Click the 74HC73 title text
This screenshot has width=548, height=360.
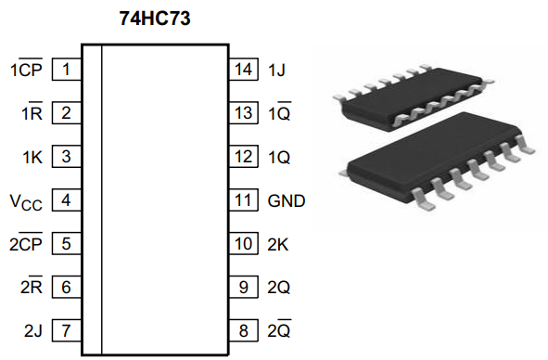coord(155,19)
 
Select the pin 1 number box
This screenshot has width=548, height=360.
coord(67,70)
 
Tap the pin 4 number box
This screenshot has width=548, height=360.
coord(67,199)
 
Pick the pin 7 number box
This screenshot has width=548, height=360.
coord(67,330)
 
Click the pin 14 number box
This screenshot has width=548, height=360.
coord(244,70)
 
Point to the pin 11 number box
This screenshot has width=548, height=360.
coord(244,199)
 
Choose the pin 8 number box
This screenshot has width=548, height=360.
coord(244,330)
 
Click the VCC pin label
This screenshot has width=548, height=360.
coord(26,202)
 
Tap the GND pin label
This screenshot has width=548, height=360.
coord(287,200)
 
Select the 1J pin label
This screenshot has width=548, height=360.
coord(276,70)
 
